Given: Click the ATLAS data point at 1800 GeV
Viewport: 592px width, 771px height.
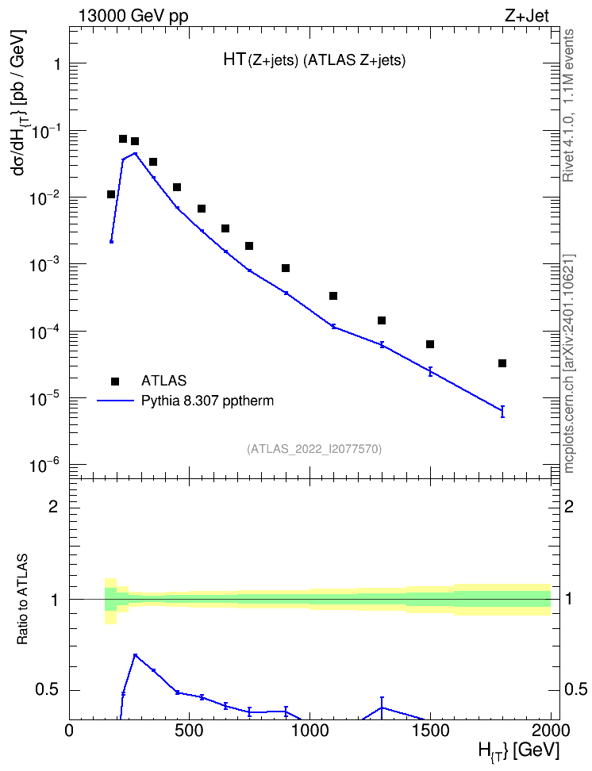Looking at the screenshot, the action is (502, 363).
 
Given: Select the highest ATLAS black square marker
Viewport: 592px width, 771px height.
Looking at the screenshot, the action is (123, 139).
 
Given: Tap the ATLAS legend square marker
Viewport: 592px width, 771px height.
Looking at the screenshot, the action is (115, 381).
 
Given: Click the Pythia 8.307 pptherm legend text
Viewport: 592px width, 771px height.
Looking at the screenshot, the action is (207, 401).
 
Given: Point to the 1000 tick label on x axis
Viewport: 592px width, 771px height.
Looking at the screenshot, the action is (309, 731).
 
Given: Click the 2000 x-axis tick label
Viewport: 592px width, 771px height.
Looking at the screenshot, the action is (550, 731).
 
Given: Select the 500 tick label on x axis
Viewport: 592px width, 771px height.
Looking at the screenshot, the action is (190, 731).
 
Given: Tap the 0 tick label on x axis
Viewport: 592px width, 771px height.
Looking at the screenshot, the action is (69, 731).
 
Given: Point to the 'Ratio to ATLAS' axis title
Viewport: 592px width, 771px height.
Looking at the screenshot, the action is (23, 600).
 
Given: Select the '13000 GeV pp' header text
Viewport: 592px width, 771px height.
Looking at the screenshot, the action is (133, 17).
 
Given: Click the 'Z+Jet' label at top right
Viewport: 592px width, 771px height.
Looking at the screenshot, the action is (527, 16).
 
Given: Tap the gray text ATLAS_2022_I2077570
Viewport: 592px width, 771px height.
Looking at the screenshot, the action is (314, 449).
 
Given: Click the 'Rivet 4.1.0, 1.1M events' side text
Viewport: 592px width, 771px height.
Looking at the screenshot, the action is (569, 105).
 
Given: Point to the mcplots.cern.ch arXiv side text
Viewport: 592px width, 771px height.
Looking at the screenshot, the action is (569, 363).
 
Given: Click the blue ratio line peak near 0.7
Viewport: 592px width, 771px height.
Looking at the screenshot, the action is (135, 655).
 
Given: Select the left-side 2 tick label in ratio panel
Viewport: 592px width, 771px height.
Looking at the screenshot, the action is (53, 506).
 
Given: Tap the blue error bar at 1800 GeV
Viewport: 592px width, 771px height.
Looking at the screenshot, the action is (502, 412).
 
